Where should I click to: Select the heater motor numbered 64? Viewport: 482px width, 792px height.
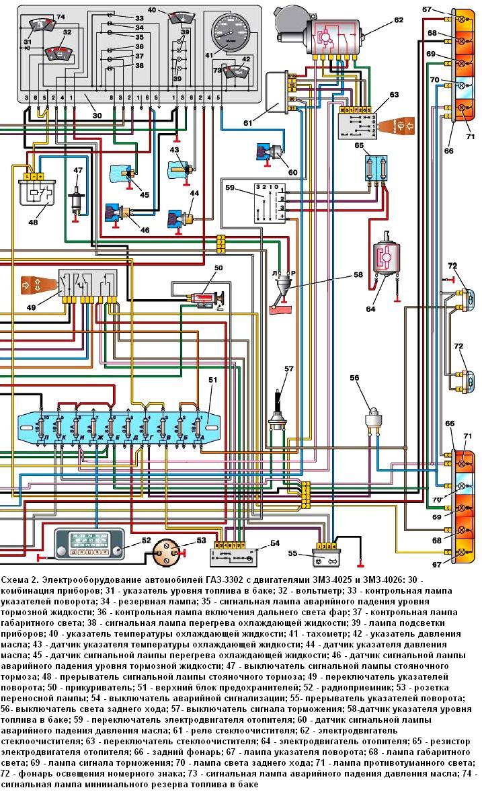point(385,259)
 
